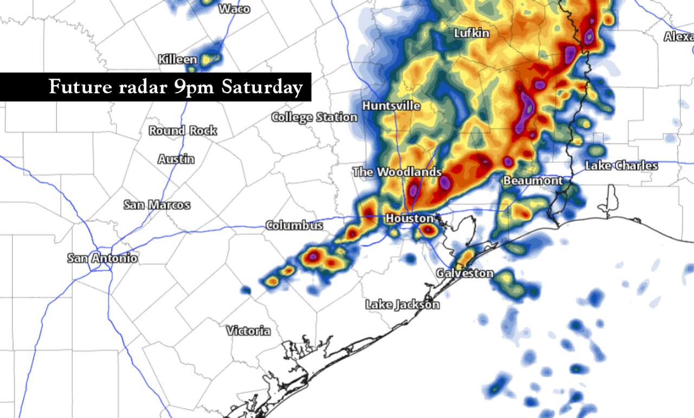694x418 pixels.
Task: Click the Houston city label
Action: pos(410,218)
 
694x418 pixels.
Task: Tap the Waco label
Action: pos(234,9)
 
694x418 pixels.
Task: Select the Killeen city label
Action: pos(177,60)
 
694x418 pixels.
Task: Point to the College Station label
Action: pos(314,117)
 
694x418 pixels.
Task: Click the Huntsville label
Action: pos(391,106)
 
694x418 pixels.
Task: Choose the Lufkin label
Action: pos(472,34)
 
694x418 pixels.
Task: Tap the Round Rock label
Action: pos(183,131)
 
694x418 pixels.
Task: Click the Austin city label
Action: pos(176,159)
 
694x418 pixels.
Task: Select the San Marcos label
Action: pos(157,205)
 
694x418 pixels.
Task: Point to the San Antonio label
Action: pos(102,259)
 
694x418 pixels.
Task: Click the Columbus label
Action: pos(294,226)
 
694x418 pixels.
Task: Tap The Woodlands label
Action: pos(397,172)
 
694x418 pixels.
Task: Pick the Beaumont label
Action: pos(533,181)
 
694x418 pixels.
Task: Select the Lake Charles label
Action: pos(621,166)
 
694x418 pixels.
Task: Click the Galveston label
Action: pos(465,273)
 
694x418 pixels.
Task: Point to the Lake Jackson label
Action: pos(402,305)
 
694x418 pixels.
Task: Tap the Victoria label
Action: pos(248,331)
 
